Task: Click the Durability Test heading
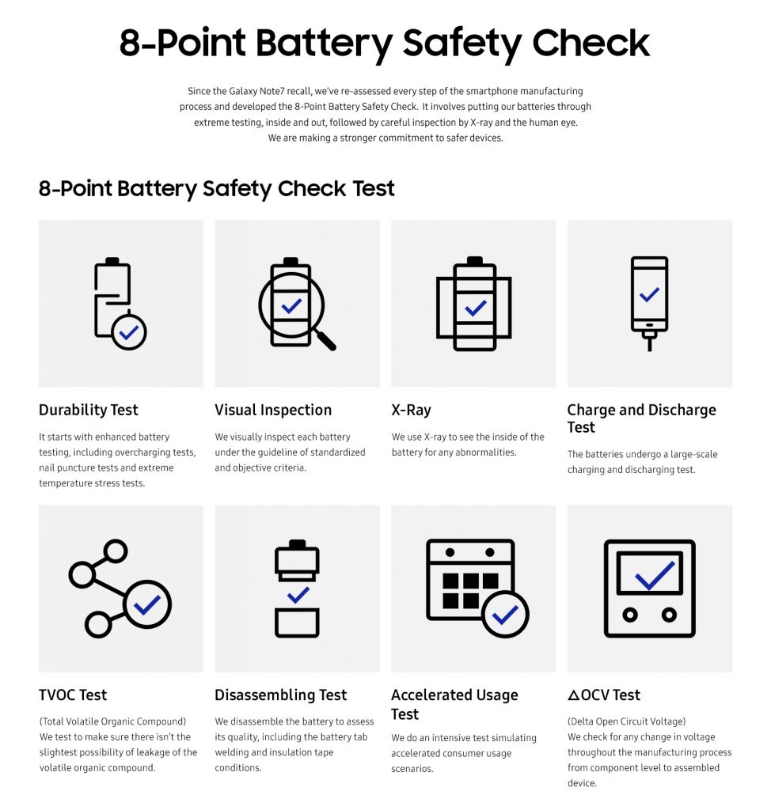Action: tap(88, 410)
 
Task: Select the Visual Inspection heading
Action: tap(273, 410)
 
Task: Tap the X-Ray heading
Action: tap(411, 410)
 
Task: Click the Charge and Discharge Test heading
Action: tap(641, 418)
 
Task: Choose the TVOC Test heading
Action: tap(73, 695)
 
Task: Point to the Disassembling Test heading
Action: tap(280, 695)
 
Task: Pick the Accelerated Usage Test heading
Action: tap(454, 704)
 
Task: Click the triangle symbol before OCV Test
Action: tap(574, 695)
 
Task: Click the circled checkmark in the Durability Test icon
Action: tap(128, 332)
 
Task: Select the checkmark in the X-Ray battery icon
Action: tap(475, 308)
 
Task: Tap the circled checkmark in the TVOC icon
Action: tap(147, 605)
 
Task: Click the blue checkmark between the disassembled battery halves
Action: tap(298, 595)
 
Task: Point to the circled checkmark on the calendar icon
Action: tap(505, 615)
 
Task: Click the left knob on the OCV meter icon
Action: tap(631, 615)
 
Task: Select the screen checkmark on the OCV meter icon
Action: tap(654, 574)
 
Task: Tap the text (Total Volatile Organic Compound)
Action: tap(112, 721)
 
